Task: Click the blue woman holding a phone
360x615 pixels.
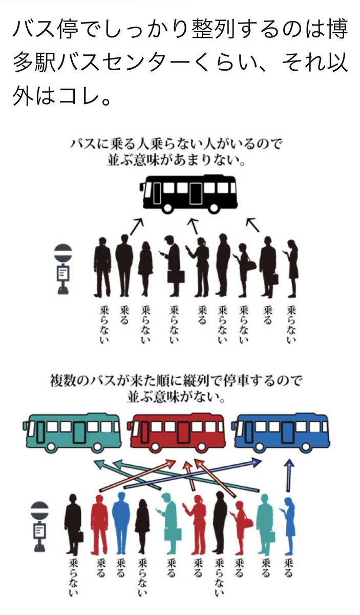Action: (x=289, y=523)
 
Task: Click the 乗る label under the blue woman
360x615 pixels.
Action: (x=289, y=567)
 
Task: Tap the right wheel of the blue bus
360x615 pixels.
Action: (x=310, y=447)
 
